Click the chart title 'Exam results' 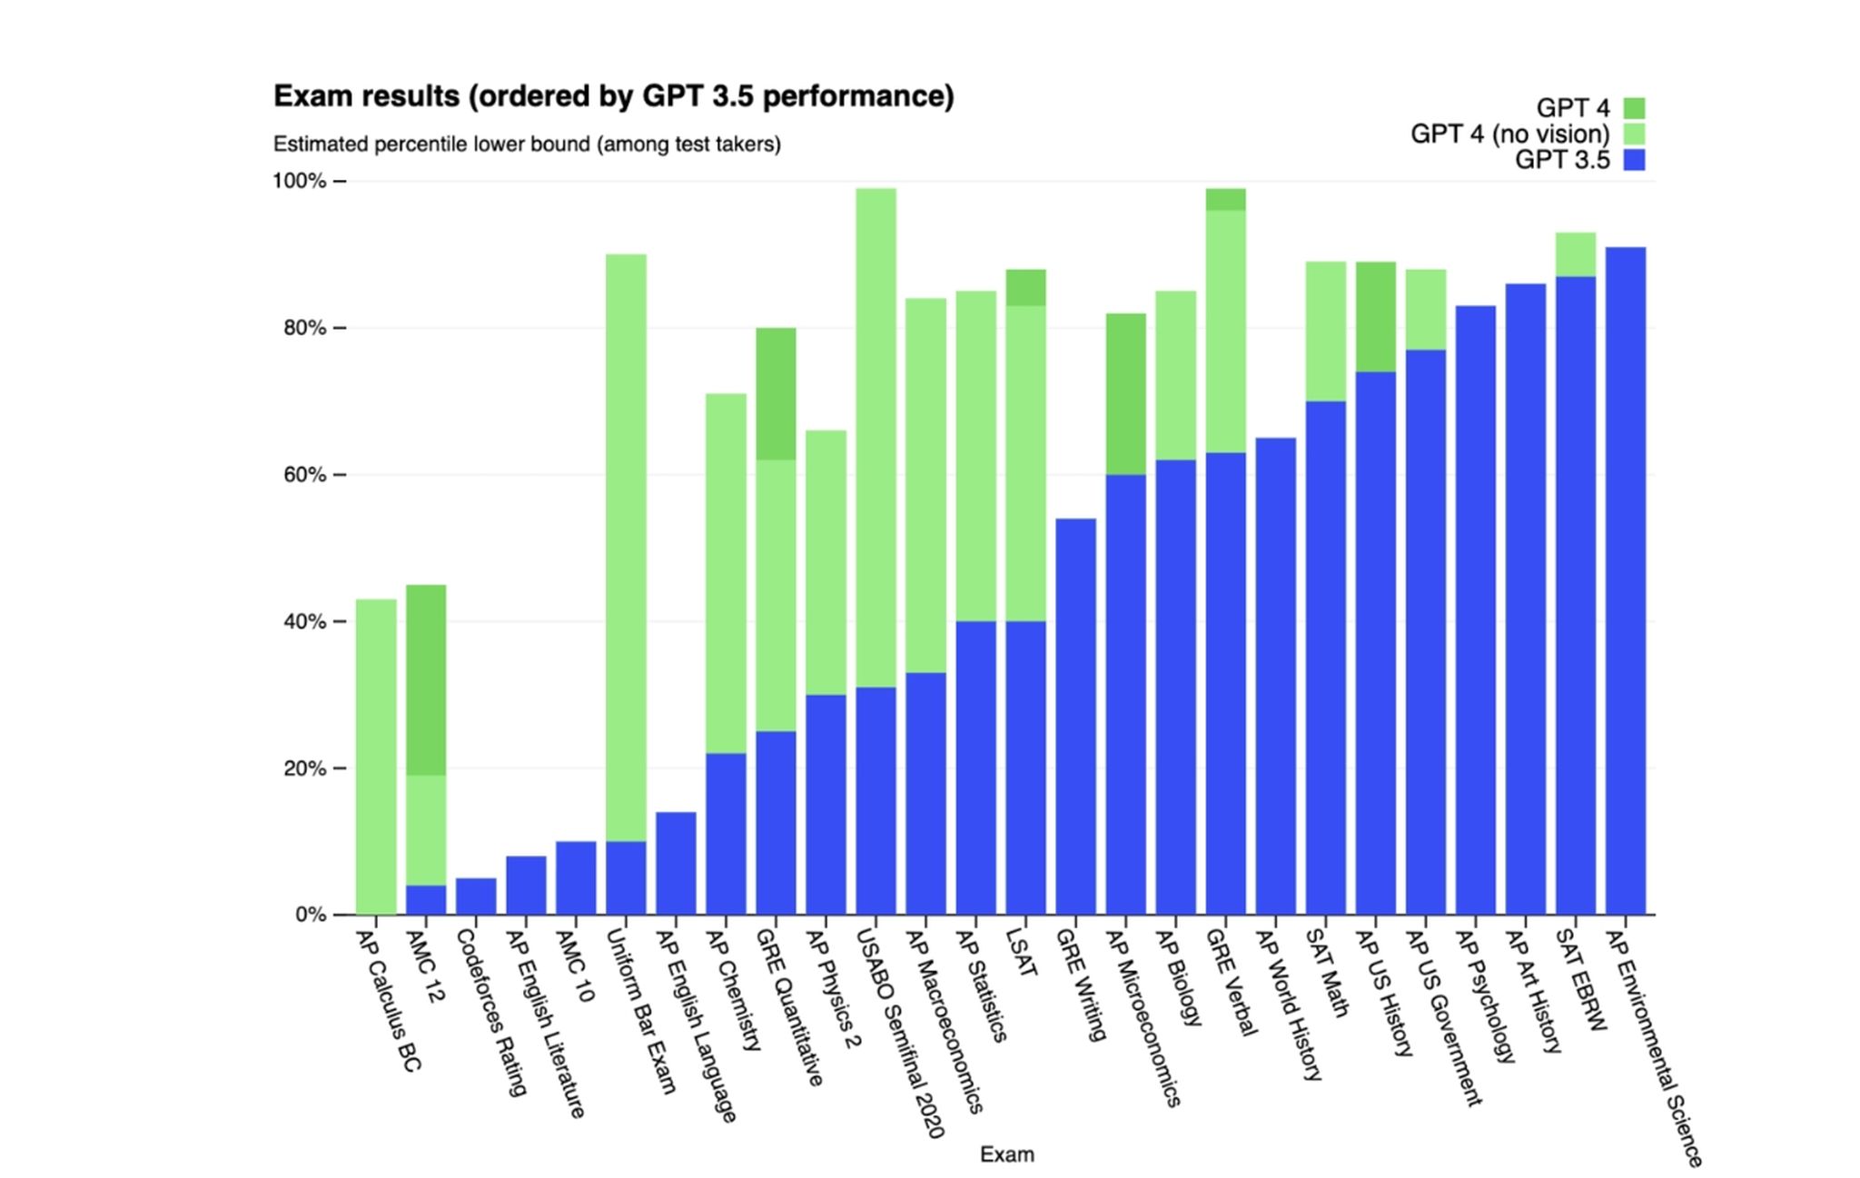[x=613, y=96]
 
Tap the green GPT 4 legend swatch [x=1634, y=108]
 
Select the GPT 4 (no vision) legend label [x=1509, y=134]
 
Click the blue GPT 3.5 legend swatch [x=1634, y=161]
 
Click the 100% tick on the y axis [x=299, y=182]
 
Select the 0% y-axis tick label [x=310, y=915]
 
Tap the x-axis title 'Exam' [x=1006, y=1154]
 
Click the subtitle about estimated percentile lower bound [x=527, y=144]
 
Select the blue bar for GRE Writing [x=1075, y=717]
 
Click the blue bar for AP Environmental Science [x=1625, y=580]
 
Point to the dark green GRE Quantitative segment [x=776, y=394]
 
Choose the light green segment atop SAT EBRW [x=1575, y=255]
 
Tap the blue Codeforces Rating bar [x=476, y=896]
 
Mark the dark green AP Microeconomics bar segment [x=1125, y=394]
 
